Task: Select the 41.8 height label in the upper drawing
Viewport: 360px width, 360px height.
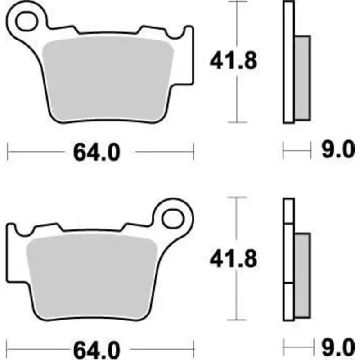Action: (233, 60)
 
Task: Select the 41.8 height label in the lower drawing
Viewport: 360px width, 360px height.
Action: (233, 259)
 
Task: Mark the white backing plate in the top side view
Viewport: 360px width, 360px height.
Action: (288, 63)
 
